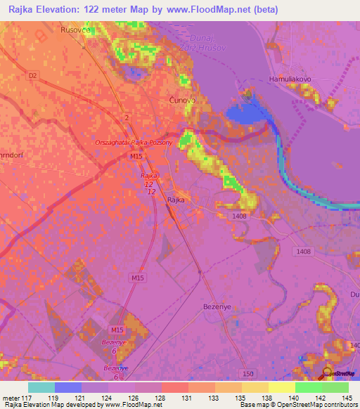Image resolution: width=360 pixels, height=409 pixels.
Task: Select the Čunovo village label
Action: pos(182,101)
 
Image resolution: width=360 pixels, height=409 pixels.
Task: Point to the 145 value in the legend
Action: pos(347,397)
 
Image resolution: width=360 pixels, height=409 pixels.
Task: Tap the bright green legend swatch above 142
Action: pos(309,387)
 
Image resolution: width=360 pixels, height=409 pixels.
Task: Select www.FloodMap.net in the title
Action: pos(211,10)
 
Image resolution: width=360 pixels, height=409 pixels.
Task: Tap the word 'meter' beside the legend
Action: pos(13,397)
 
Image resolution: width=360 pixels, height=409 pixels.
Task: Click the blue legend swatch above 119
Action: pos(68,387)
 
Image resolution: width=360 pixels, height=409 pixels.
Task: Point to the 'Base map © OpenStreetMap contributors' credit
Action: pos(298,405)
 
